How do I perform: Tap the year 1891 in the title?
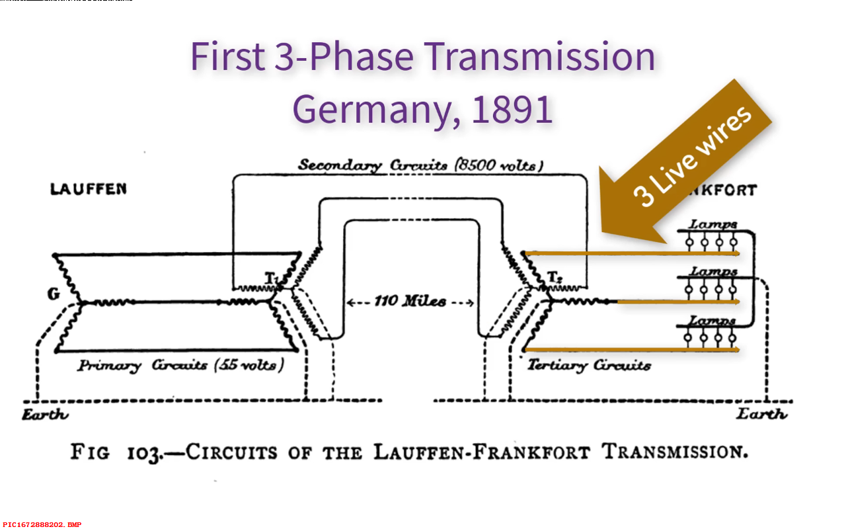pos(512,109)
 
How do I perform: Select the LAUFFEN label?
pos(88,189)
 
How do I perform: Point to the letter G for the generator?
pos(53,294)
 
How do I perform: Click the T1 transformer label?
pos(272,279)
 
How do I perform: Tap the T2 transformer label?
pos(554,278)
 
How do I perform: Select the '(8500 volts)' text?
pos(498,165)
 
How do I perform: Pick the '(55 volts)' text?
pos(252,365)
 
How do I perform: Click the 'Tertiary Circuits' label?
pos(589,365)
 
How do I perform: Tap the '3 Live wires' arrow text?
pos(692,156)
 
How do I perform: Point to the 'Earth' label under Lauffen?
pos(45,415)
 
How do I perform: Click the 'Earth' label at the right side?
pos(762,415)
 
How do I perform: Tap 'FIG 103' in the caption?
pos(115,453)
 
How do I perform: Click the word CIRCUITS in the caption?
pos(231,453)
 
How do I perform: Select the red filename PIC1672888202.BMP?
pos(42,524)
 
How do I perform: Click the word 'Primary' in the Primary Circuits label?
pos(109,366)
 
